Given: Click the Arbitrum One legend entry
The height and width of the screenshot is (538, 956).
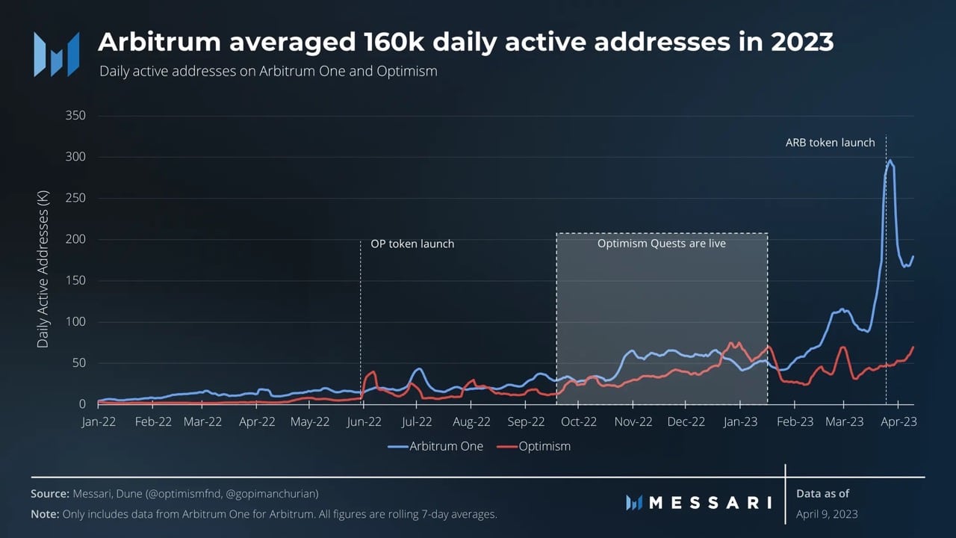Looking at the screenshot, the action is tap(435, 446).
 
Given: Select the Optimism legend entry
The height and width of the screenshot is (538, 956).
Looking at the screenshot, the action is tap(534, 446).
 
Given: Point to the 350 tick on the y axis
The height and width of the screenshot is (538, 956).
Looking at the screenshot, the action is tap(75, 115).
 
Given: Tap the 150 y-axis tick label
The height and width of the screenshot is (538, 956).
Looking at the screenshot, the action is tap(75, 280).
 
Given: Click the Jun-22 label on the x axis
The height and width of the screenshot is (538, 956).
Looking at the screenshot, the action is tap(364, 422).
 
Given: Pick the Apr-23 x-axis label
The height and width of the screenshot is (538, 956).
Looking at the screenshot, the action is tap(898, 422).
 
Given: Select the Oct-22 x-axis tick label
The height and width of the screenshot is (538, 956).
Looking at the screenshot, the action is tap(578, 422).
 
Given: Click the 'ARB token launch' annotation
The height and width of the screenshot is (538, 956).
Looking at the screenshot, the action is tap(830, 143).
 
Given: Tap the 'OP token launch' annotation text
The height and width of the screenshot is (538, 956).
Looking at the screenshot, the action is tap(412, 244).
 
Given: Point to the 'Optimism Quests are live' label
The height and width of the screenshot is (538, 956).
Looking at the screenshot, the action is tap(661, 244).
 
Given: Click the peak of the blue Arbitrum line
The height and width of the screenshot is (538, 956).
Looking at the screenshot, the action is tap(890, 160).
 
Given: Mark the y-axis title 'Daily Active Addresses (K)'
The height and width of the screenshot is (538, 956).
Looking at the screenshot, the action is tap(43, 269).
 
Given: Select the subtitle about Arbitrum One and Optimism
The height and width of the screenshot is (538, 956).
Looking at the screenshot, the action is tap(268, 71).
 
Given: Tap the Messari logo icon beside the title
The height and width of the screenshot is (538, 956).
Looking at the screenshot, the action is tap(57, 55).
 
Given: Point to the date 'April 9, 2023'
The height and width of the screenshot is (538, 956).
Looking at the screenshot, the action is tap(827, 514).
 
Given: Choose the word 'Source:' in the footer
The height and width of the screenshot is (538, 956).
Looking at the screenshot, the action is tap(50, 494).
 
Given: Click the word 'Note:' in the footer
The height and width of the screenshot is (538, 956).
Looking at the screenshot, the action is tap(45, 514).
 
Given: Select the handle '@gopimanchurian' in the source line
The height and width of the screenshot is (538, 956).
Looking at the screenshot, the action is tap(272, 495).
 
